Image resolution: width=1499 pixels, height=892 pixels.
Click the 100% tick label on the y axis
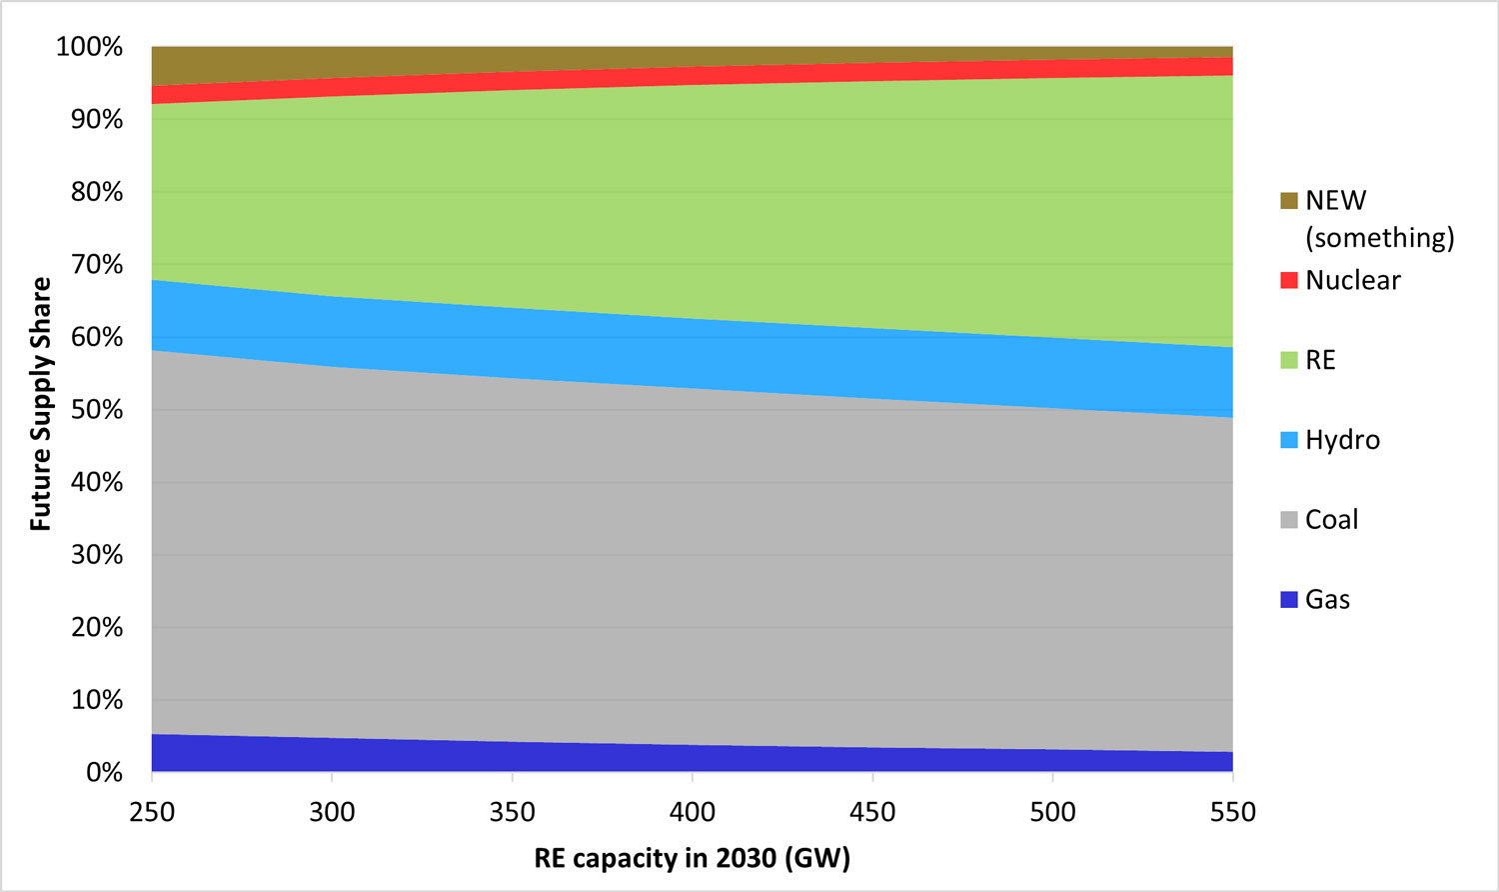[x=89, y=47]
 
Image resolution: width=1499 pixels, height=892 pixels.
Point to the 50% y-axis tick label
[x=96, y=410]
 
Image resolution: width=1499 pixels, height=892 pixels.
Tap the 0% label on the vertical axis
[x=104, y=773]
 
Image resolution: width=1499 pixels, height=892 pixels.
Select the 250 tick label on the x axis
[x=152, y=812]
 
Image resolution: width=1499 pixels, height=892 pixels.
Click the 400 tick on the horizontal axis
[x=693, y=812]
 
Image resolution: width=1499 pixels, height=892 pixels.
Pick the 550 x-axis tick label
[x=1232, y=812]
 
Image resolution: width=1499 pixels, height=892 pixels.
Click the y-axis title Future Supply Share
[x=41, y=403]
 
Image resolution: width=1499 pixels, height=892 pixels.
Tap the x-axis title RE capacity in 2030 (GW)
[x=692, y=859]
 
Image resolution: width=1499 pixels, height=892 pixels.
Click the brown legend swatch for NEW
[x=1289, y=201]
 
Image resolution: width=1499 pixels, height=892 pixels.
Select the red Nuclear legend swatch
[x=1289, y=280]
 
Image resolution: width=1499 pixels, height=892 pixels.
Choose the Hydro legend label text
[x=1342, y=440]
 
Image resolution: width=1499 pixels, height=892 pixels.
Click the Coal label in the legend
[x=1331, y=520]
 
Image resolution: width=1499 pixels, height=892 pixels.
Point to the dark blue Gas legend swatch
[x=1289, y=600]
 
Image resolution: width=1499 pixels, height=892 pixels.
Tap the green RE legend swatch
[x=1289, y=360]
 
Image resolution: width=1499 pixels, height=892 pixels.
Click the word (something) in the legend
[x=1379, y=238]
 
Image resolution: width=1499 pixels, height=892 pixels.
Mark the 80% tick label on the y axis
[x=96, y=192]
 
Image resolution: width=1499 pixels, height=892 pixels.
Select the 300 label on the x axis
[x=332, y=812]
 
